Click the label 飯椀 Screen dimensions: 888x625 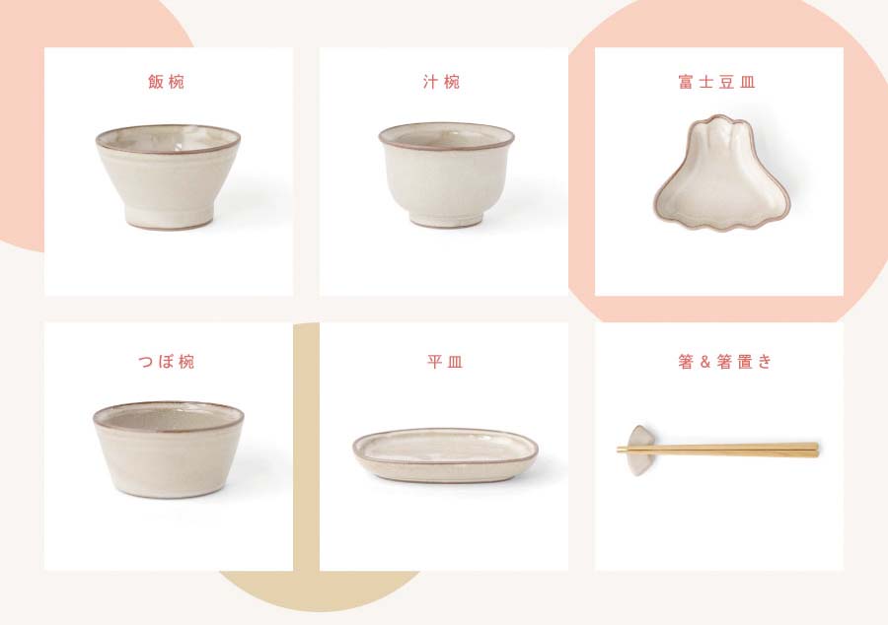(166, 82)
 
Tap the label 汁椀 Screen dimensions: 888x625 (442, 82)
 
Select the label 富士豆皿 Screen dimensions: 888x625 (716, 82)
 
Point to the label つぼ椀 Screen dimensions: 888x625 (167, 361)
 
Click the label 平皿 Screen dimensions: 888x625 (445, 361)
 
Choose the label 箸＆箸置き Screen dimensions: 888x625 (725, 361)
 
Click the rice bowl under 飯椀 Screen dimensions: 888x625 (168, 176)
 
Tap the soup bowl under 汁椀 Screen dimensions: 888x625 (446, 174)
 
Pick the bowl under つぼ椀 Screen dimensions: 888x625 (168, 450)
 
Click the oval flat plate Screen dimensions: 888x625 (445, 454)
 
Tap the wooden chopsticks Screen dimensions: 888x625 (717, 450)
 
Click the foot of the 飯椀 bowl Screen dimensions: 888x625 (168, 218)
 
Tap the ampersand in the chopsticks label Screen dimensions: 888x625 (705, 362)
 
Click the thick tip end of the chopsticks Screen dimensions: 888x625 (816, 450)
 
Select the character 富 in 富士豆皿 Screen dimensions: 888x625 (686, 82)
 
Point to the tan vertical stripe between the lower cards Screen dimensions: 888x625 (307, 447)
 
